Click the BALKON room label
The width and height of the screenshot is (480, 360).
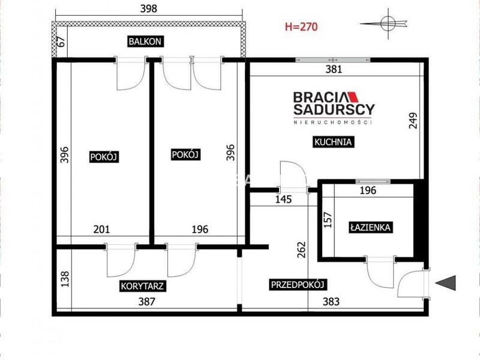[145, 41]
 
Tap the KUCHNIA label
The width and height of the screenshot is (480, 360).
[333, 142]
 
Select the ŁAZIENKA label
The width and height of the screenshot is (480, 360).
[370, 227]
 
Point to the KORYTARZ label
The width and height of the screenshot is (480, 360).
[143, 286]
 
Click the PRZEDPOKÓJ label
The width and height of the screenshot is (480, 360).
[298, 284]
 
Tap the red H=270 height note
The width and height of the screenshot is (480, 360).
[301, 27]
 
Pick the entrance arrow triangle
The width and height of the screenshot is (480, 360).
[445, 283]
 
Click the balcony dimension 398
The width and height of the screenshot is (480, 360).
[149, 8]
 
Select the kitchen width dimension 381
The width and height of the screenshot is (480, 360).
[334, 69]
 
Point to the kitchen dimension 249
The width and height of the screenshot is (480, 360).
[413, 121]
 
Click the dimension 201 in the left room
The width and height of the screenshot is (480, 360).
[101, 229]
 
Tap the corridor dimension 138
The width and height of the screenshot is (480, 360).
[65, 279]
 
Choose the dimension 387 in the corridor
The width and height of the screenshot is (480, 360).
[147, 302]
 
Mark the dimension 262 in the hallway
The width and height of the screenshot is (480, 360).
[302, 250]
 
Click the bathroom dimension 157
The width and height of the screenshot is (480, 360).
[328, 220]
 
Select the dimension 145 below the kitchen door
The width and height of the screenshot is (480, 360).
[283, 200]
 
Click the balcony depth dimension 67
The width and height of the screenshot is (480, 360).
[61, 41]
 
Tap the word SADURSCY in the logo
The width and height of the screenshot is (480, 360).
[334, 110]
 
